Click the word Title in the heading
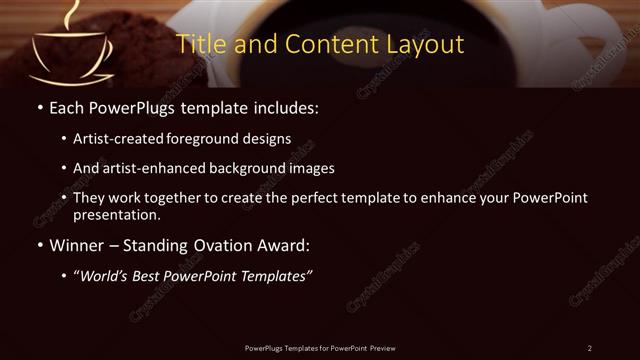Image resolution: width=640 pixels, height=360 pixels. (x=199, y=45)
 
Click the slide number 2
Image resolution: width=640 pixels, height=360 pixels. (x=590, y=347)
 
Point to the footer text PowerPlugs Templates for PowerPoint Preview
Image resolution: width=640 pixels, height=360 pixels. (x=319, y=347)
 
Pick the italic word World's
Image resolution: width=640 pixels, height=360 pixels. (x=103, y=276)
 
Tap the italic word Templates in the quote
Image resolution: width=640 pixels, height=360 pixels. (x=274, y=276)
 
